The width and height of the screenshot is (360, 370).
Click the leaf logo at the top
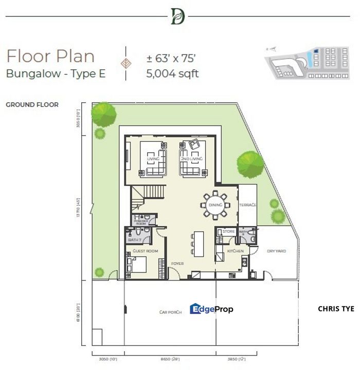[x=177, y=16]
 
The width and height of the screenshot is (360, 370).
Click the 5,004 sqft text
[x=172, y=73]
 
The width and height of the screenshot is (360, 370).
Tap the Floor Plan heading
[x=50, y=56]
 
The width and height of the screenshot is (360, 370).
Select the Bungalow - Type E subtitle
[x=56, y=73]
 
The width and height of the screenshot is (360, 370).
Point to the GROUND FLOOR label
[x=32, y=105]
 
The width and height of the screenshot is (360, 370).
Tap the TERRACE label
[x=247, y=205]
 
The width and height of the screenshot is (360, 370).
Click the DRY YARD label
[x=276, y=251]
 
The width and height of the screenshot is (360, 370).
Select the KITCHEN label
[x=235, y=251]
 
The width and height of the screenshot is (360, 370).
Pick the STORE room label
[x=228, y=232]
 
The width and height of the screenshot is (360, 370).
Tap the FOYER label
[x=177, y=264]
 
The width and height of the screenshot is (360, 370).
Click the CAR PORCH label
[x=169, y=312]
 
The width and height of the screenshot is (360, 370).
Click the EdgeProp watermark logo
[x=211, y=309]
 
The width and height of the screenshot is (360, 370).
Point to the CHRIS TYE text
[x=336, y=309]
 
